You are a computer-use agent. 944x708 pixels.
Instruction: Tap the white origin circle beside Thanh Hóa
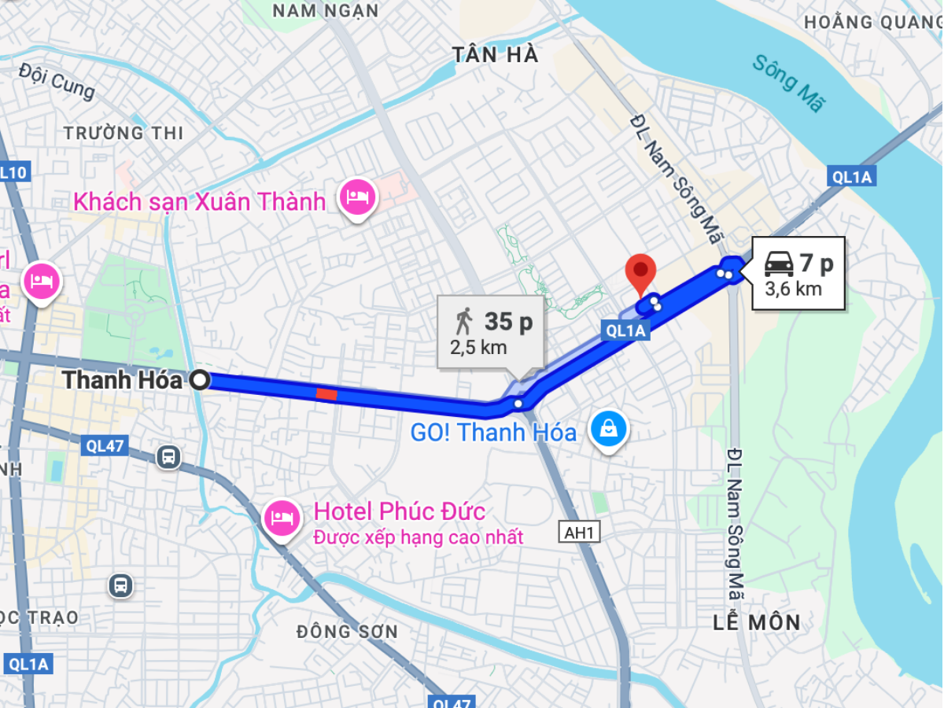click(x=201, y=381)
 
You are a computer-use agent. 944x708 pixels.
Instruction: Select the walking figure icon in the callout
click(x=463, y=321)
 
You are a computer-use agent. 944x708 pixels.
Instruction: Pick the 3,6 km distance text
click(x=793, y=289)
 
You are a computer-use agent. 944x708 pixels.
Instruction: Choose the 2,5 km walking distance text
click(x=478, y=347)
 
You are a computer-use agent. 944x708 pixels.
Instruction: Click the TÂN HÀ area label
click(x=496, y=54)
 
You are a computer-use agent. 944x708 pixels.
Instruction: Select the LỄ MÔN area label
click(x=757, y=623)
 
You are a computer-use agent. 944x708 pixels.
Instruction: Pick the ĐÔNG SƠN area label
click(x=347, y=632)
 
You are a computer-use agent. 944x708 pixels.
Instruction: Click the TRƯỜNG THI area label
click(x=124, y=133)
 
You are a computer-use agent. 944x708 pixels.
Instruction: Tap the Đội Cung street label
click(x=57, y=83)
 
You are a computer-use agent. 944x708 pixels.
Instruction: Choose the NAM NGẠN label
click(x=326, y=10)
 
